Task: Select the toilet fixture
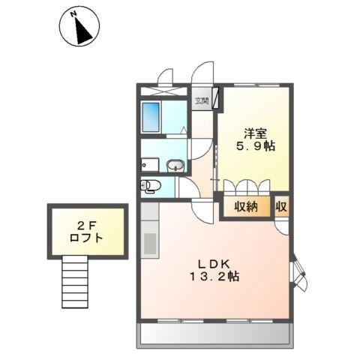(150, 185)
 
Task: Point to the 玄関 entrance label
(201, 100)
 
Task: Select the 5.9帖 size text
(256, 147)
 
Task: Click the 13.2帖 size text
(213, 277)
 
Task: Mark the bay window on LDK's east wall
(298, 274)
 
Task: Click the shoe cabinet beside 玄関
(214, 98)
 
